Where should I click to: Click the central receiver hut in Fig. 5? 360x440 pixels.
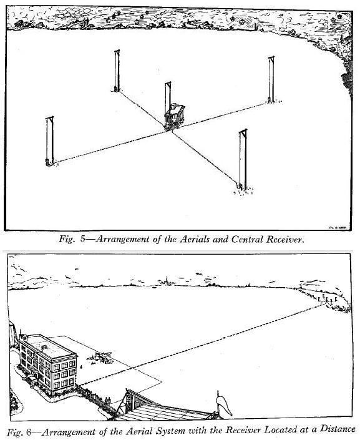[174, 117]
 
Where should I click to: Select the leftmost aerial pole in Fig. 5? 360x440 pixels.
[50, 141]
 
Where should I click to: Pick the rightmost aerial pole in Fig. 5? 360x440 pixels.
[271, 79]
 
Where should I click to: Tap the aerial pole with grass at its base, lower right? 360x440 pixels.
[243, 160]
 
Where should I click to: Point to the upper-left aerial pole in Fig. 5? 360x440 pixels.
[117, 71]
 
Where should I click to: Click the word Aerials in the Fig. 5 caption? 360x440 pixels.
[195, 240]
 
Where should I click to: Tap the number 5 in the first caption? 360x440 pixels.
[83, 240]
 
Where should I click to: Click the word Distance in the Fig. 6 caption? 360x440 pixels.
[338, 429]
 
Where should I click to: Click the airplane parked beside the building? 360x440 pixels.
[100, 358]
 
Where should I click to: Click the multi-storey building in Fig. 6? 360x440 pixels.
[47, 363]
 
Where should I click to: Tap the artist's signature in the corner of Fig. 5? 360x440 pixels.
[337, 228]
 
